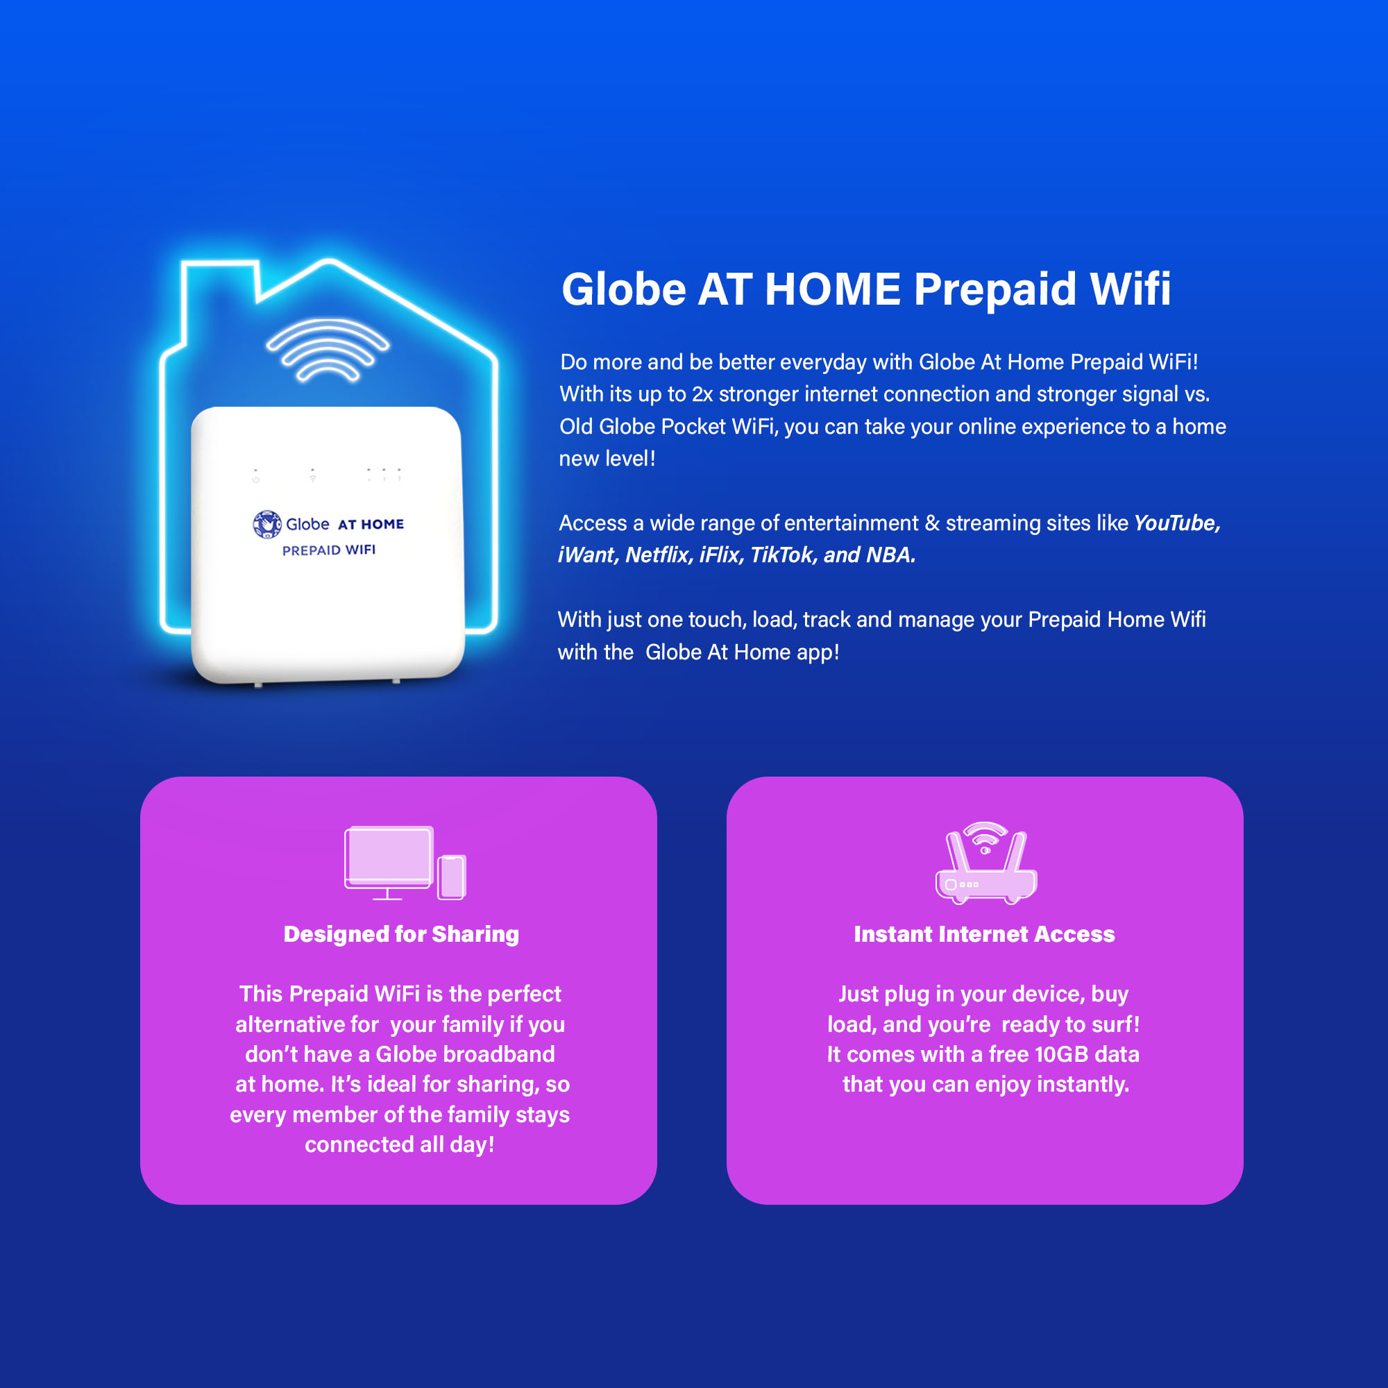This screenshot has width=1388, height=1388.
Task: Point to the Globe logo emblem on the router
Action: click(x=266, y=525)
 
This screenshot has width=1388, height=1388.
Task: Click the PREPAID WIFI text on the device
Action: click(x=328, y=550)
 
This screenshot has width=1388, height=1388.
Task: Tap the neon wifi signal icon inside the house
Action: click(x=328, y=350)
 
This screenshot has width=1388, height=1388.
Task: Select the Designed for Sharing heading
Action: click(x=401, y=934)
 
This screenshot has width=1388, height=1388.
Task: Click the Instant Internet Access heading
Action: click(x=983, y=934)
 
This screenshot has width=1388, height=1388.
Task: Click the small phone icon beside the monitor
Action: click(x=452, y=877)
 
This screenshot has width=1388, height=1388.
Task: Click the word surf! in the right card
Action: click(x=1114, y=1024)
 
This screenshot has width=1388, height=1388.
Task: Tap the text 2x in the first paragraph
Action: click(x=702, y=394)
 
